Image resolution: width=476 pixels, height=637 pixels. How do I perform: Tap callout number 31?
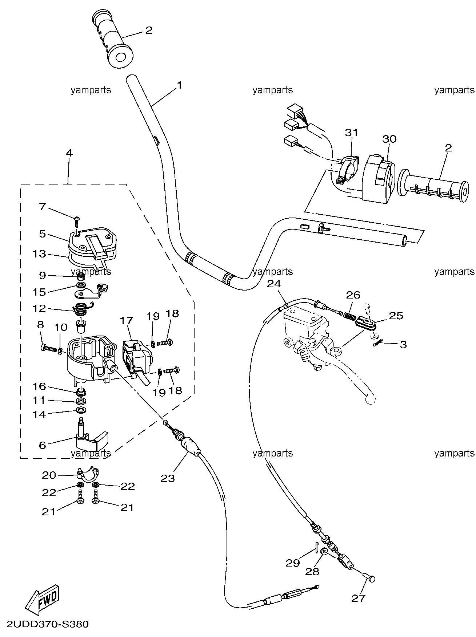point(352,133)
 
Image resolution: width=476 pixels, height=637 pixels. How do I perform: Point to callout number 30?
point(389,139)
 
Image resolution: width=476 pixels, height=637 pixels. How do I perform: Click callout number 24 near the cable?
point(274,284)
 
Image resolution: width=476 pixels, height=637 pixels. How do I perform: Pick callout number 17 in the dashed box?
point(127,320)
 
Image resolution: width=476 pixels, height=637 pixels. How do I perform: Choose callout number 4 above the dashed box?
point(69,153)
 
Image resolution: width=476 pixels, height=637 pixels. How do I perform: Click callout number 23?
point(168,478)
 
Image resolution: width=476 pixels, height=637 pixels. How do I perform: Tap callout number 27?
point(358,598)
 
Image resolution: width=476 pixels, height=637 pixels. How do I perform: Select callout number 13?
point(39,253)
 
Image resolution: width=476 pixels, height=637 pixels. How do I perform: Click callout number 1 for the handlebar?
point(179,85)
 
